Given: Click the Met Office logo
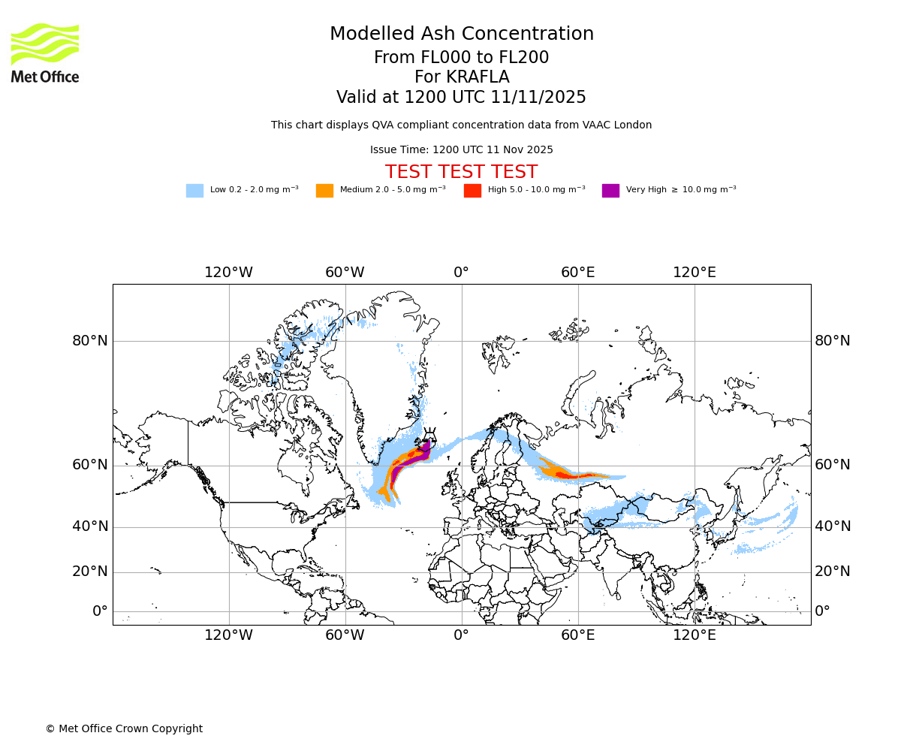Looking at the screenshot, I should (x=45, y=53).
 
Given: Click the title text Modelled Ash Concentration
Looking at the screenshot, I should (x=461, y=35).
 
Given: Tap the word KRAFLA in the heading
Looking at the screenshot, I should (x=461, y=77).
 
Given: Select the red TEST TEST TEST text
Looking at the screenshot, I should (x=461, y=172).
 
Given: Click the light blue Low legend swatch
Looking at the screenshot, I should (x=194, y=191).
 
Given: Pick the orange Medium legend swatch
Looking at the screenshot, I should (x=324, y=191).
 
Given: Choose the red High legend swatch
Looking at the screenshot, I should (x=472, y=191).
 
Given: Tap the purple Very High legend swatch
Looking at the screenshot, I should (x=610, y=191).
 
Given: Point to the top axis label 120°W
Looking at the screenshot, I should (x=228, y=273).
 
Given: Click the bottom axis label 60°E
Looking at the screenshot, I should (x=577, y=635).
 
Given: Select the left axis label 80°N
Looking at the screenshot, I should (x=90, y=341).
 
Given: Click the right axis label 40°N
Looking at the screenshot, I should (x=833, y=526).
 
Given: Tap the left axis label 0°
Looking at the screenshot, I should (x=100, y=611).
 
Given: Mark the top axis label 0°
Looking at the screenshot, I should (x=461, y=273).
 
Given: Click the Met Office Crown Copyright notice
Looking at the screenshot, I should (x=124, y=728).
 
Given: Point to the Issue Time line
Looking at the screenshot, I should (x=461, y=149).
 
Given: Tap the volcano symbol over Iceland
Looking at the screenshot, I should (x=429, y=435).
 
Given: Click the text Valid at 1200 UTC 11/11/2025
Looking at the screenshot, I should (x=461, y=98).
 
